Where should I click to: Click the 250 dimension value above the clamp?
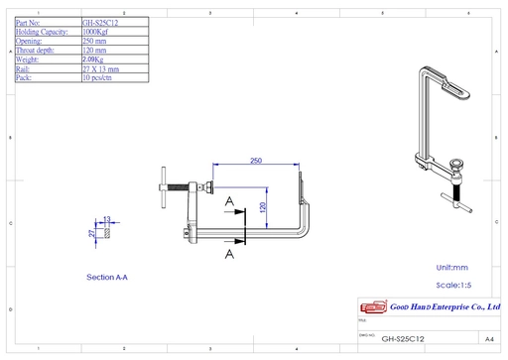255,161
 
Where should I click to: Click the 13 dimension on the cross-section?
106,218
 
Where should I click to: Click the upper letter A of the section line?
229,201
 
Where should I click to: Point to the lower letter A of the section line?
229,254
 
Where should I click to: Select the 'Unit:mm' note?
452,268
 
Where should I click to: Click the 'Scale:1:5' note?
455,284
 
